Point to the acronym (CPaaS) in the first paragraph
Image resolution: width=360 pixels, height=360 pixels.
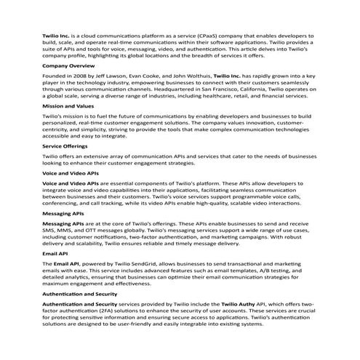click(x=192, y=34)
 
